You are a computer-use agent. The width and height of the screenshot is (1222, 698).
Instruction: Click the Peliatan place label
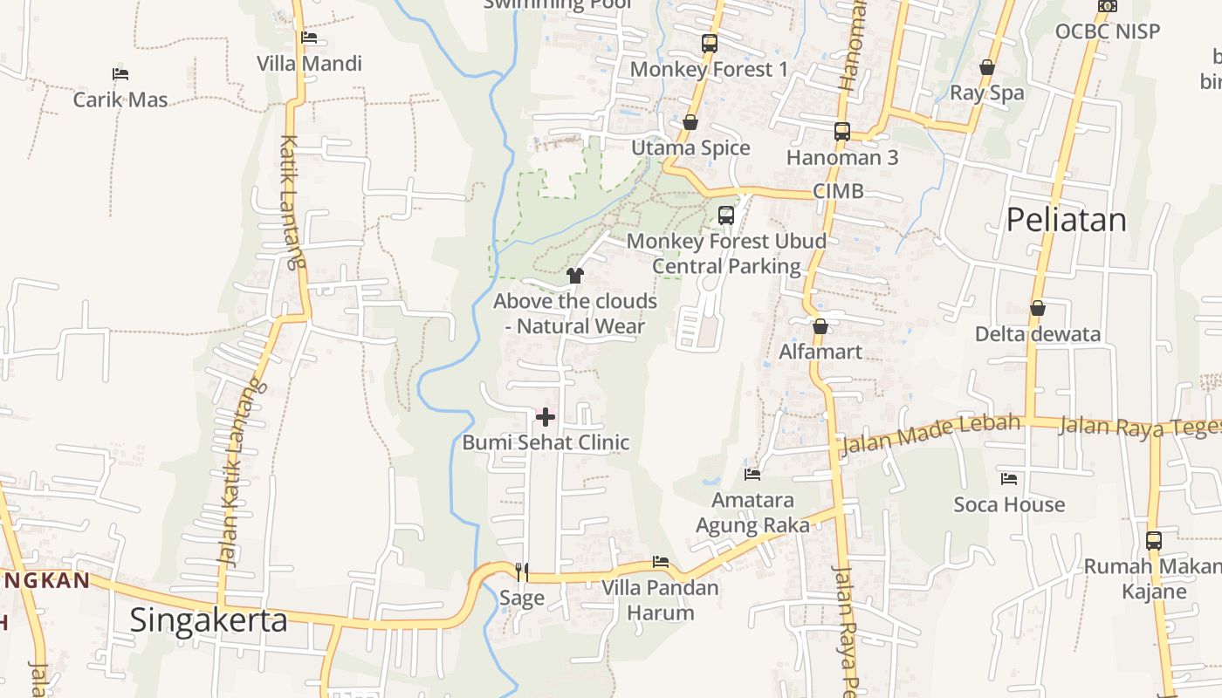pos(1066,220)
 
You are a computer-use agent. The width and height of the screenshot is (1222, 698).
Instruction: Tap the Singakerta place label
pos(208,620)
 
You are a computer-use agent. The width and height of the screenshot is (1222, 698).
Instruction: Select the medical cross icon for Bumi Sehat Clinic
pos(546,417)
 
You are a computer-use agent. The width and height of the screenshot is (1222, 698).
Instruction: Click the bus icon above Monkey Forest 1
pos(709,43)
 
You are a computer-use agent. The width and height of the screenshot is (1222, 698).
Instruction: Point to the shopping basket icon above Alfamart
pos(820,327)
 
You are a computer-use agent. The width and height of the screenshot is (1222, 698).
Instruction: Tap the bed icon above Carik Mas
pos(120,74)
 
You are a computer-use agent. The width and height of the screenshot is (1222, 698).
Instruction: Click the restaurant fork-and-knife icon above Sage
pos(522,572)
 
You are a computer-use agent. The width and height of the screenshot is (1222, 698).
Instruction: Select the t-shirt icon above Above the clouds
pos(574,276)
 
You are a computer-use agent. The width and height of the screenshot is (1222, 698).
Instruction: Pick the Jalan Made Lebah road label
pos(930,435)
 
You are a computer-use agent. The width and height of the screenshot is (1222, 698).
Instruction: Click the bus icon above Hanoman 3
pos(841,132)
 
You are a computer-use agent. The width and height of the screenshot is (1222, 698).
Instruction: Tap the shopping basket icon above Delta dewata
pos(1037,308)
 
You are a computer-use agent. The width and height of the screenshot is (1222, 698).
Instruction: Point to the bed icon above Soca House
pos(1009,479)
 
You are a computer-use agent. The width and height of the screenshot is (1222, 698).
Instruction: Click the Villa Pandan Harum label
pos(660,599)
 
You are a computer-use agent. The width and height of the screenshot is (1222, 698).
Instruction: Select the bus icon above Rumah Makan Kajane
pos(1153,540)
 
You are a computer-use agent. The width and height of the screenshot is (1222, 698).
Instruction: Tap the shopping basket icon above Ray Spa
pos(986,67)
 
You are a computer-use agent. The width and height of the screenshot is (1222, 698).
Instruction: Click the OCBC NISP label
pos(1107,31)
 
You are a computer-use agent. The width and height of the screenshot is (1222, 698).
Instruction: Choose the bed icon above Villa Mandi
pos(309,38)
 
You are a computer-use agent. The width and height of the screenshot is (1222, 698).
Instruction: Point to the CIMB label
pos(838,191)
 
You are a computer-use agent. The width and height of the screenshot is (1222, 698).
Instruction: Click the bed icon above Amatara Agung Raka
pos(752,475)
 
